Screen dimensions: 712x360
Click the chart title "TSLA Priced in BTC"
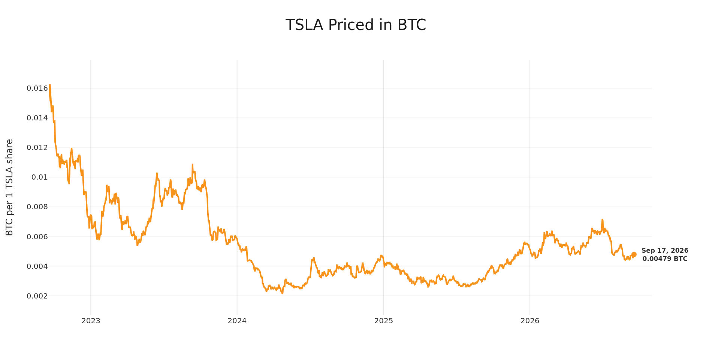click(x=356, y=25)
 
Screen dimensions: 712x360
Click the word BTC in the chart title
click(x=411, y=25)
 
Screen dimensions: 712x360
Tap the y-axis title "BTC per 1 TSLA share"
click(x=9, y=187)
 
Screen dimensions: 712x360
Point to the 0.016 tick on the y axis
click(x=37, y=88)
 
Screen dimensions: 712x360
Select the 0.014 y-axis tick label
click(x=37, y=118)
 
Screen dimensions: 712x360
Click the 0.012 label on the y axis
click(x=37, y=148)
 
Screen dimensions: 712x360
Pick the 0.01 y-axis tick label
click(x=40, y=177)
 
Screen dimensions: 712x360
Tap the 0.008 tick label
click(x=37, y=207)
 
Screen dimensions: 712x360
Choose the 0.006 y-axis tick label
click(x=37, y=237)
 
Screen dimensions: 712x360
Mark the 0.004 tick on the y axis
click(x=37, y=266)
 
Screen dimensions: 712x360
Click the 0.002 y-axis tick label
click(x=37, y=296)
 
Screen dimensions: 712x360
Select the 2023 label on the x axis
click(x=91, y=321)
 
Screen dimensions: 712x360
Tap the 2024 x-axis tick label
click(x=237, y=321)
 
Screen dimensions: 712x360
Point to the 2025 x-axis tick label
click(x=384, y=321)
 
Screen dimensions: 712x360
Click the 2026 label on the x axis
click(x=530, y=321)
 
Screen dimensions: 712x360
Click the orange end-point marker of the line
click(x=634, y=255)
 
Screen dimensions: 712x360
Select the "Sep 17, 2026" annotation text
click(x=665, y=251)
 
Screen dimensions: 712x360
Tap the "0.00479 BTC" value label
click(x=665, y=259)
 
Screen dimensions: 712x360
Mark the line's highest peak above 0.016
click(x=50, y=85)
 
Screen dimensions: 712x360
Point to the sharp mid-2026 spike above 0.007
click(x=602, y=220)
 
